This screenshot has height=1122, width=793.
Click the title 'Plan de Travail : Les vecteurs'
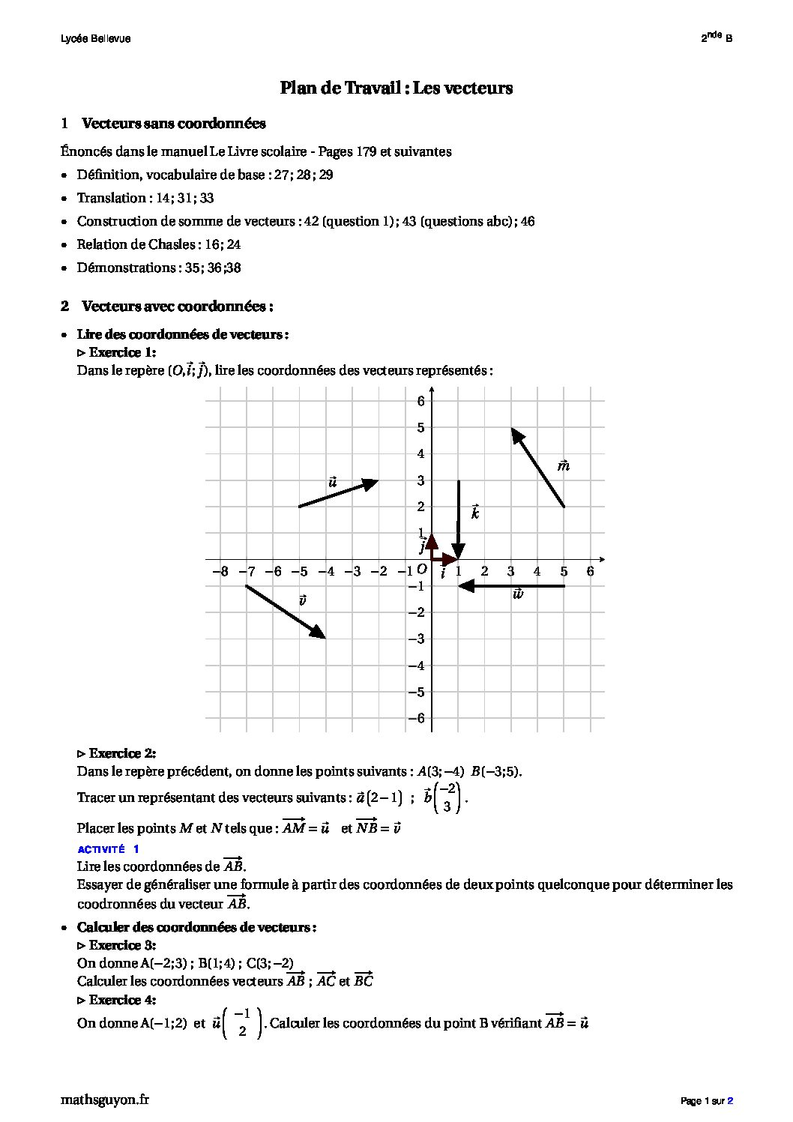(396, 88)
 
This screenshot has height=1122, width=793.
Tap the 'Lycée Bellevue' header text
(95, 39)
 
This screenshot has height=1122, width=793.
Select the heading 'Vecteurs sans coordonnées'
(173, 124)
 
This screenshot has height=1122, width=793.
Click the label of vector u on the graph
(333, 482)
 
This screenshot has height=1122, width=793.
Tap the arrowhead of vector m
(513, 430)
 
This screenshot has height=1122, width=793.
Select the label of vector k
(475, 513)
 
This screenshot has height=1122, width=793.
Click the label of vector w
(517, 594)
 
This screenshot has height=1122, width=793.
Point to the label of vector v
(302, 600)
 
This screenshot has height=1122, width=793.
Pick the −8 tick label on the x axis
(220, 572)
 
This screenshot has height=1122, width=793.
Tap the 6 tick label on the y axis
(421, 401)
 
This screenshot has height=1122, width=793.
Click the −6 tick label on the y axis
(417, 718)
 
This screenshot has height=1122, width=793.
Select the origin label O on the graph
(422, 570)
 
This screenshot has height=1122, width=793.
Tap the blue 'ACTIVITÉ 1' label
(108, 849)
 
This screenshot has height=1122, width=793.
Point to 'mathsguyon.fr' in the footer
(104, 1100)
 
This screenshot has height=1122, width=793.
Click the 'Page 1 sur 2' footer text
(706, 1101)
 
